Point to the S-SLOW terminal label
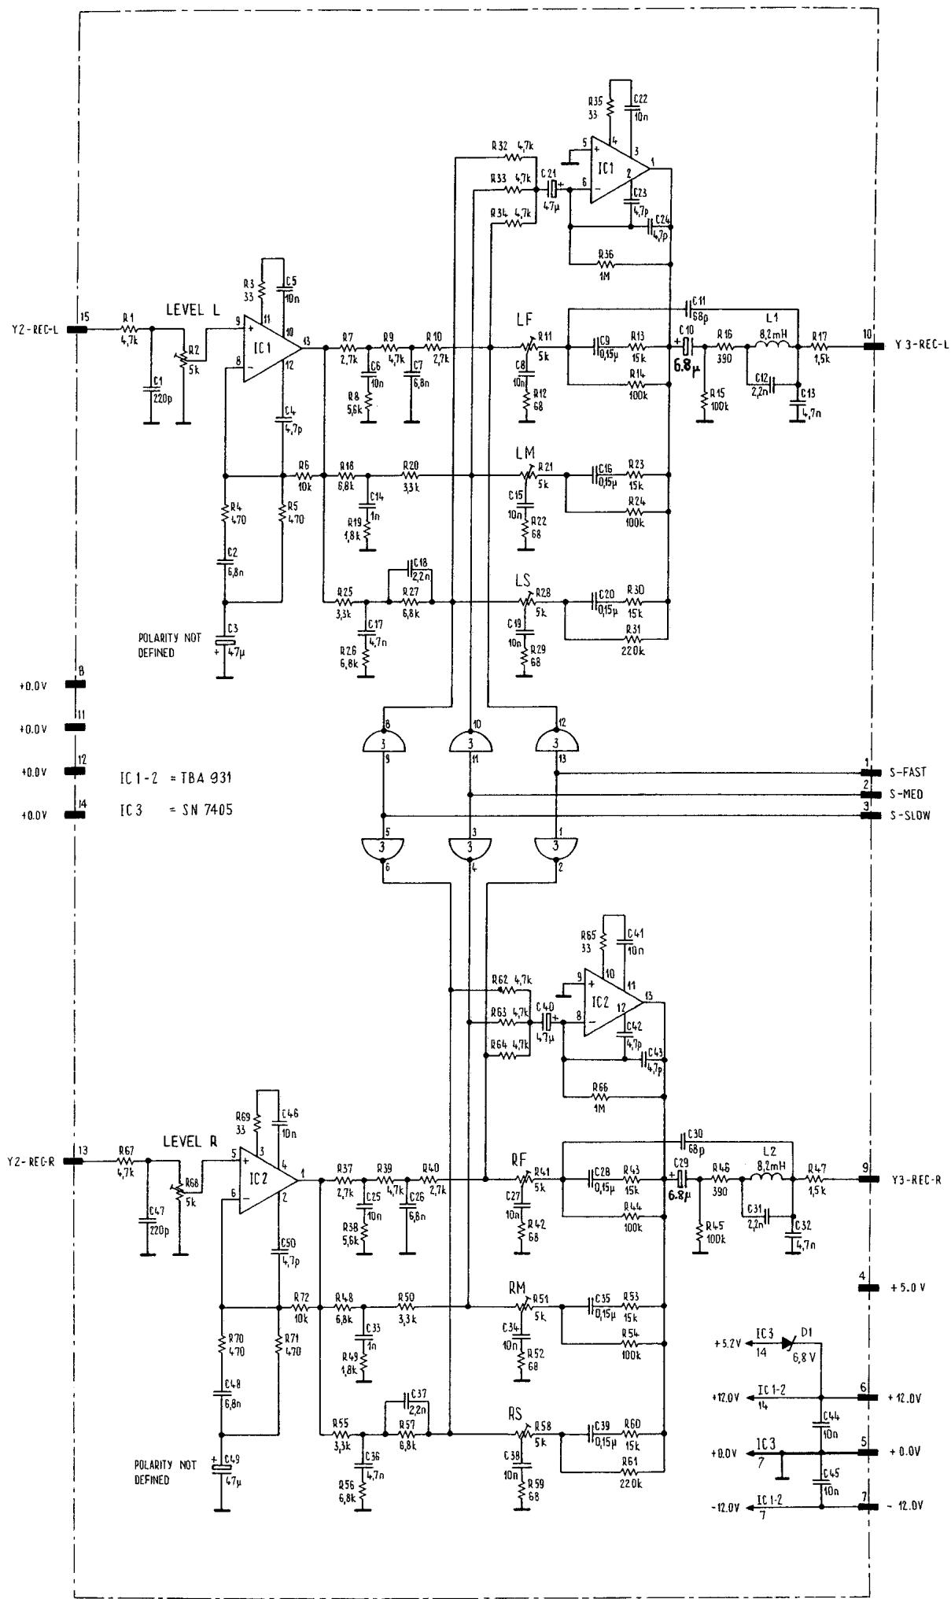point(910,816)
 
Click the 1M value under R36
point(605,275)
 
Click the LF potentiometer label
point(524,319)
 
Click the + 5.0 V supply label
point(908,1288)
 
